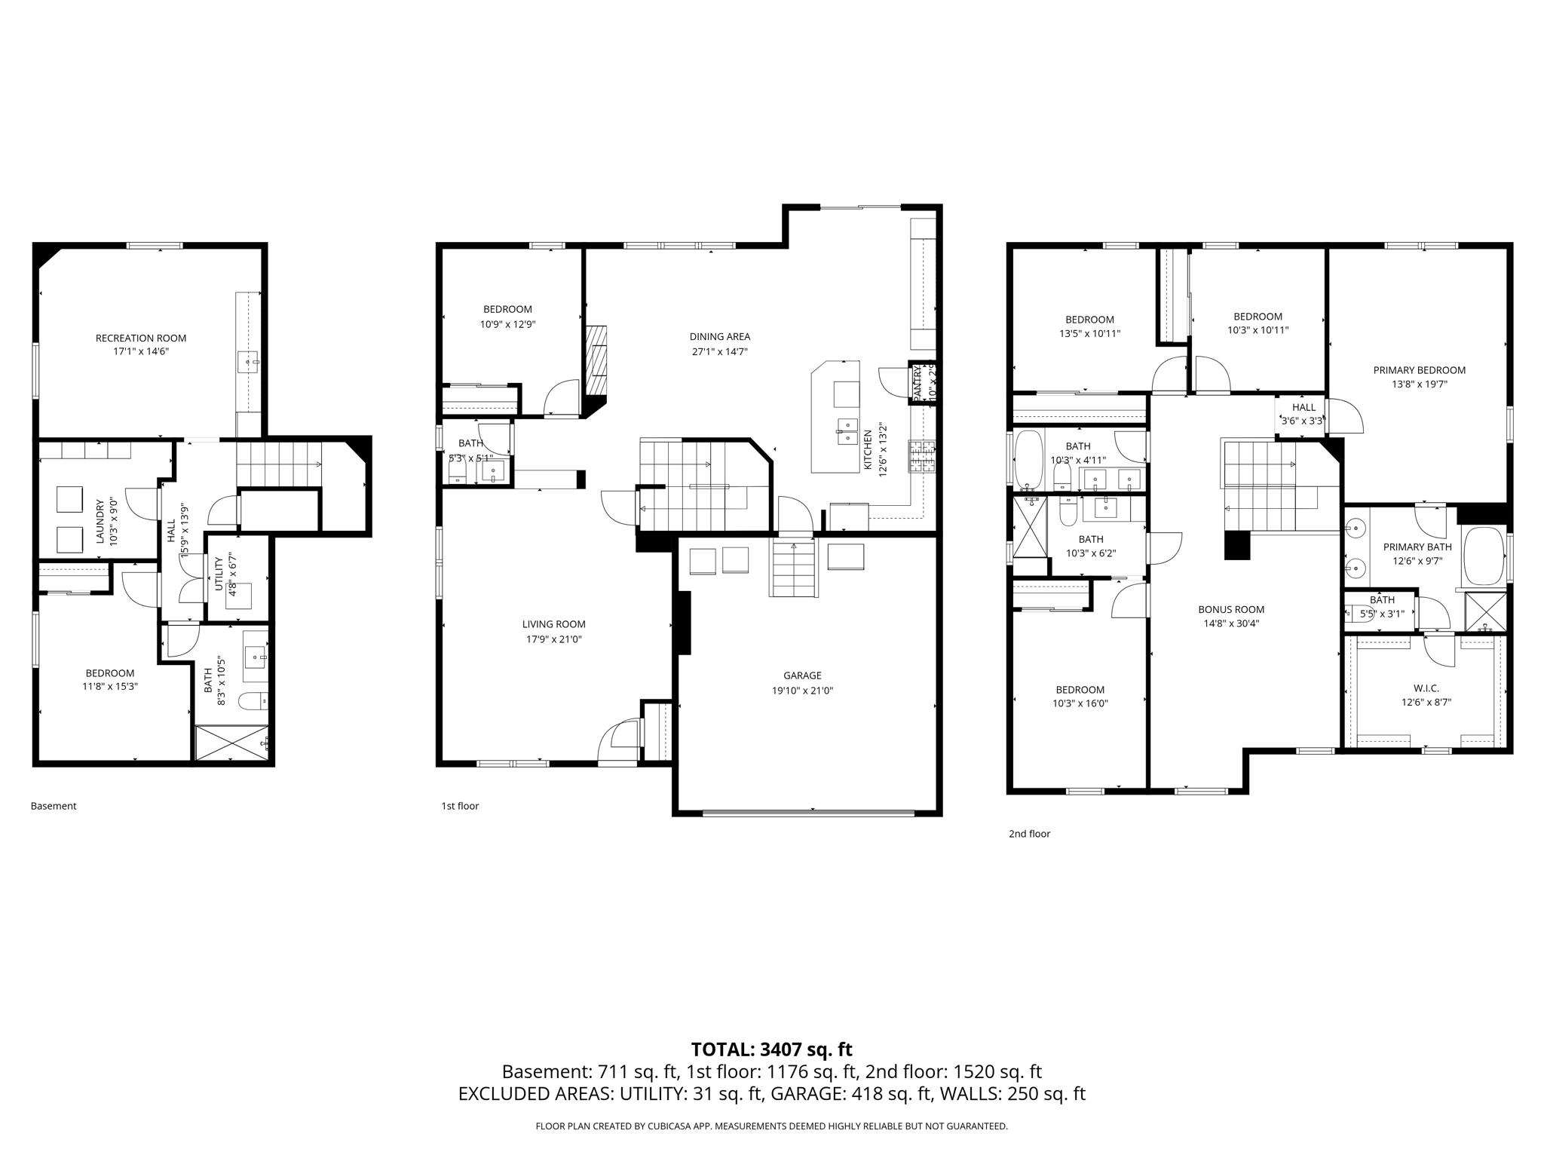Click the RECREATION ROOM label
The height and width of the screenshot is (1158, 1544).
pos(140,339)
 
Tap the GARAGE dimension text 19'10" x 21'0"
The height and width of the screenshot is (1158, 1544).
pos(802,691)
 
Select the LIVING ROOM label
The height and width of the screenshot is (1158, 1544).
pos(553,624)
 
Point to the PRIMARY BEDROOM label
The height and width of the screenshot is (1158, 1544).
pos(1419,370)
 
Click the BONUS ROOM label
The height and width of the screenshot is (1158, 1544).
pos(1231,610)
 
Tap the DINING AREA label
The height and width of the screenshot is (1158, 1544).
pos(719,337)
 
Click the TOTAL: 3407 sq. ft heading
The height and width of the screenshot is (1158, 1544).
pos(771,1049)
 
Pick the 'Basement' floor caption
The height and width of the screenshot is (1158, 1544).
pos(54,806)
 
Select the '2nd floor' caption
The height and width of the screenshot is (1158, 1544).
pos(1029,834)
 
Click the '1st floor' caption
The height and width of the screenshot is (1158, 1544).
pos(460,806)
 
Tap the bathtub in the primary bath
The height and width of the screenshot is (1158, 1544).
pos(1484,556)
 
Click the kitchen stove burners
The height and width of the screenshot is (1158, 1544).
pos(921,457)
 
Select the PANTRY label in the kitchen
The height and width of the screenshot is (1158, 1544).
pos(918,384)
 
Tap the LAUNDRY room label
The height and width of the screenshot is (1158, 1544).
pos(100,521)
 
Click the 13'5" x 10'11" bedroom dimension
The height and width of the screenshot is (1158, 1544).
pos(1089,333)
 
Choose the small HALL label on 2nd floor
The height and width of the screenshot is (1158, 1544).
pos(1304,408)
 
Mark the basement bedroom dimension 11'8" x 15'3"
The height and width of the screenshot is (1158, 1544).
pos(110,687)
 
